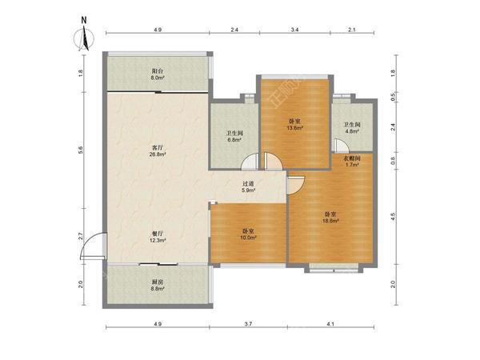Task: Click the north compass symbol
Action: pos(84,37)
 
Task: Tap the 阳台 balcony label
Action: pos(158,71)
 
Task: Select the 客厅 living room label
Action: pos(158,148)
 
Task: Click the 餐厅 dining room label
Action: pos(158,234)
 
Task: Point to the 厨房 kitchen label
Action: pos(158,282)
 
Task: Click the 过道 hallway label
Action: pos(248,184)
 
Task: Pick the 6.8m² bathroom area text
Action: pos(234,140)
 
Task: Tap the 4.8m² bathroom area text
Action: pos(352,131)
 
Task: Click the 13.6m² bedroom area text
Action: pos(294,128)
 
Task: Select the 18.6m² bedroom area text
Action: pos(330,221)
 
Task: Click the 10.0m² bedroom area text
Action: pos(249,238)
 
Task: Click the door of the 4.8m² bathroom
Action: pos(341,145)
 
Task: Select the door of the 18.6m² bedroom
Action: pos(296,185)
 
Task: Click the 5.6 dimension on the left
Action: pos(81,150)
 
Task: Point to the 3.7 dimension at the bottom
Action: pos(248,323)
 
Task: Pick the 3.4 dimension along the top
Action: pos(294,30)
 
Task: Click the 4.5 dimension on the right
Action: pos(394,217)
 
